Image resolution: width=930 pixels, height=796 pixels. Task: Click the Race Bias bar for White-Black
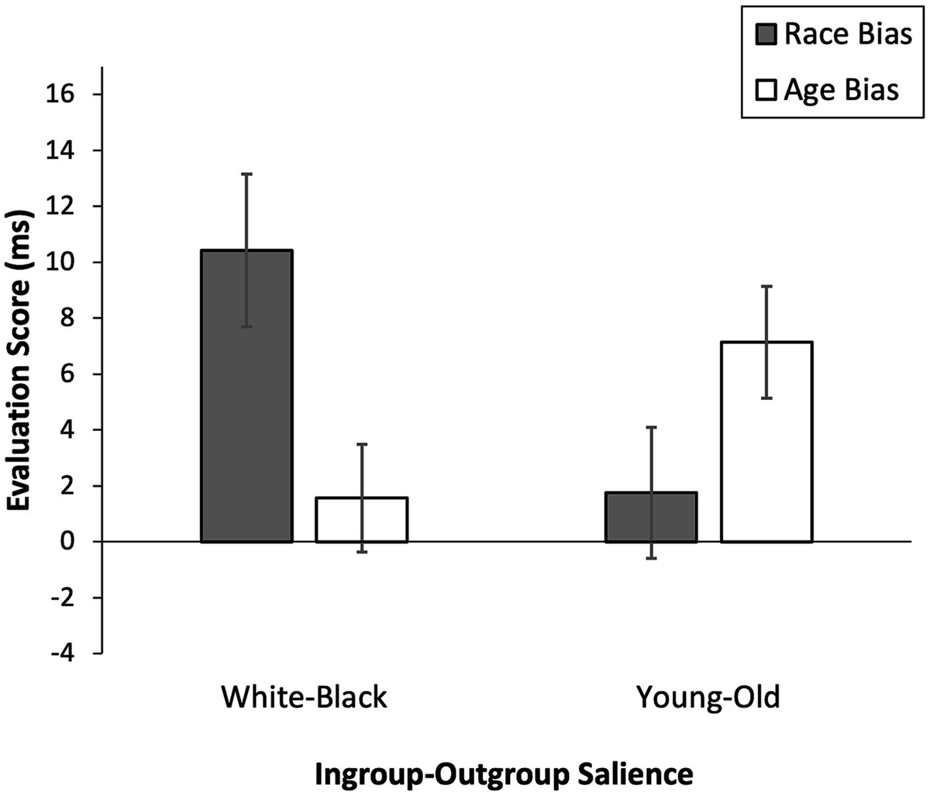coord(246,395)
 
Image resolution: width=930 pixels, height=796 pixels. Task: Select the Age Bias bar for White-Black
coord(362,519)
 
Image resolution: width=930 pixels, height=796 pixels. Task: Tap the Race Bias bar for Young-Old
coord(651,517)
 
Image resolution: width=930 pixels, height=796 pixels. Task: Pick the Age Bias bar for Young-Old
coord(766,442)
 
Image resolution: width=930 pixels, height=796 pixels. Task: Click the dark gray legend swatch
coord(766,36)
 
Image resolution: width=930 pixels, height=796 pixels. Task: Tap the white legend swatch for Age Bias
coord(766,91)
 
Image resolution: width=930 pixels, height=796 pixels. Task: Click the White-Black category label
coord(304,698)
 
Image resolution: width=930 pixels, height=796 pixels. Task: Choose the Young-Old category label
coord(708,698)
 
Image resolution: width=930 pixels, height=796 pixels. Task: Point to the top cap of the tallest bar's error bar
coord(246,174)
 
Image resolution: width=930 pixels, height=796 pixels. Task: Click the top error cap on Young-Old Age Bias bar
coord(766,287)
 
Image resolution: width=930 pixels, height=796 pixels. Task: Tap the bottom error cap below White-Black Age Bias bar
coord(362,552)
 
